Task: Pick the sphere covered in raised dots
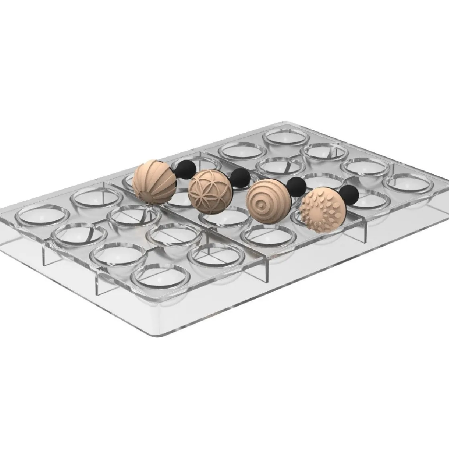click(x=324, y=210)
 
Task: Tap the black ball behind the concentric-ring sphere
click(x=297, y=187)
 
